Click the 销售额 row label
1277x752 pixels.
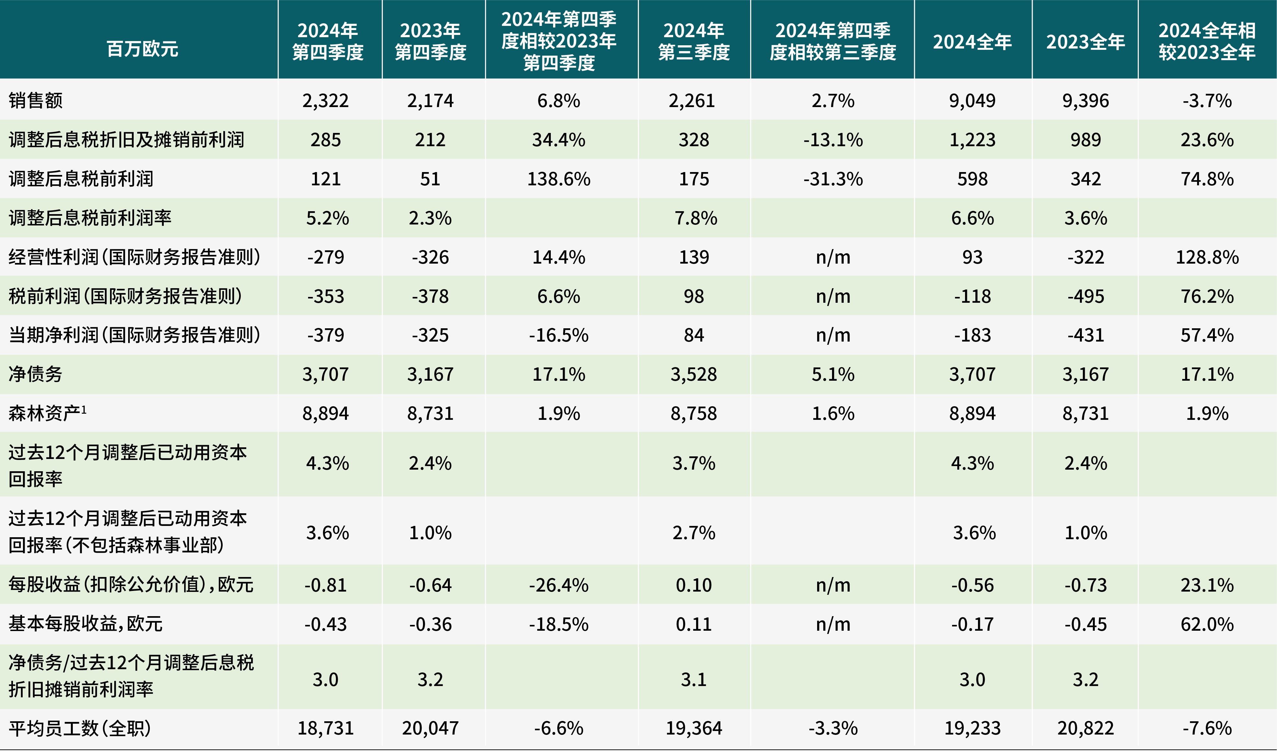[36, 100]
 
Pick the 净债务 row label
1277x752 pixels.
[36, 374]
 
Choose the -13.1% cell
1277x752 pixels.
[833, 140]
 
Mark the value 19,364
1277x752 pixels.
[694, 728]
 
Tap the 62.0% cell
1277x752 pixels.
[1207, 624]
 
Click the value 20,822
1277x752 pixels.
[1085, 728]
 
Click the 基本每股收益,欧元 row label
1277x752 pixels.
[85, 624]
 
